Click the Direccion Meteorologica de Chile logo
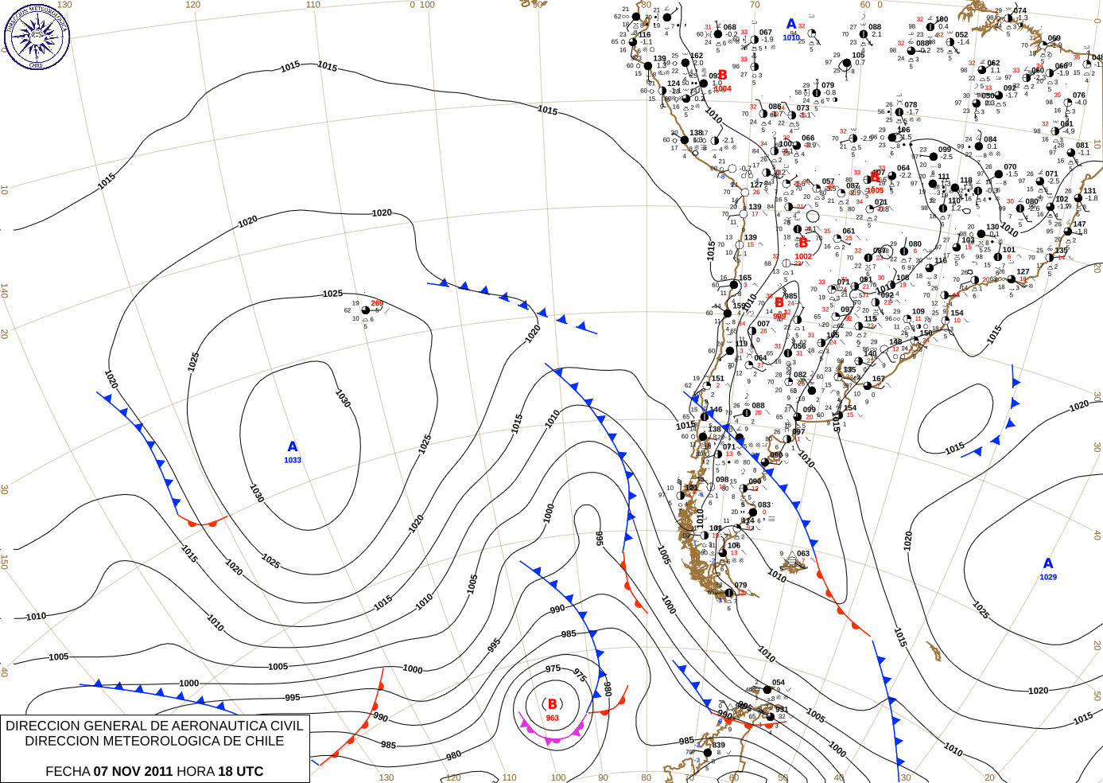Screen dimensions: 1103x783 pos(37,36)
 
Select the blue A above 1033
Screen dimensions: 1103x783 pos(293,447)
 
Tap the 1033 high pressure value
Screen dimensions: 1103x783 pos(293,461)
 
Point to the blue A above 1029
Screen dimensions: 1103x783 pos(1048,564)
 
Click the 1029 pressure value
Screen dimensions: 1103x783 pos(1048,577)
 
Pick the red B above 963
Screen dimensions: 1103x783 pos(552,704)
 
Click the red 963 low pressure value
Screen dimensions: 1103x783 pos(552,718)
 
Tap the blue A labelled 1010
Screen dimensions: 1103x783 pos(791,25)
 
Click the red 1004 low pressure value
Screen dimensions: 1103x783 pos(722,88)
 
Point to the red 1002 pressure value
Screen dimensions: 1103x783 pos(803,256)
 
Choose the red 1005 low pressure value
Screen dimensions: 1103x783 pos(875,190)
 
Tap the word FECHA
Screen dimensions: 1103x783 pos(68,771)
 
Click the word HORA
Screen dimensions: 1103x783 pos(196,771)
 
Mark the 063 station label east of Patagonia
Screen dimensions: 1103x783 pos(803,554)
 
